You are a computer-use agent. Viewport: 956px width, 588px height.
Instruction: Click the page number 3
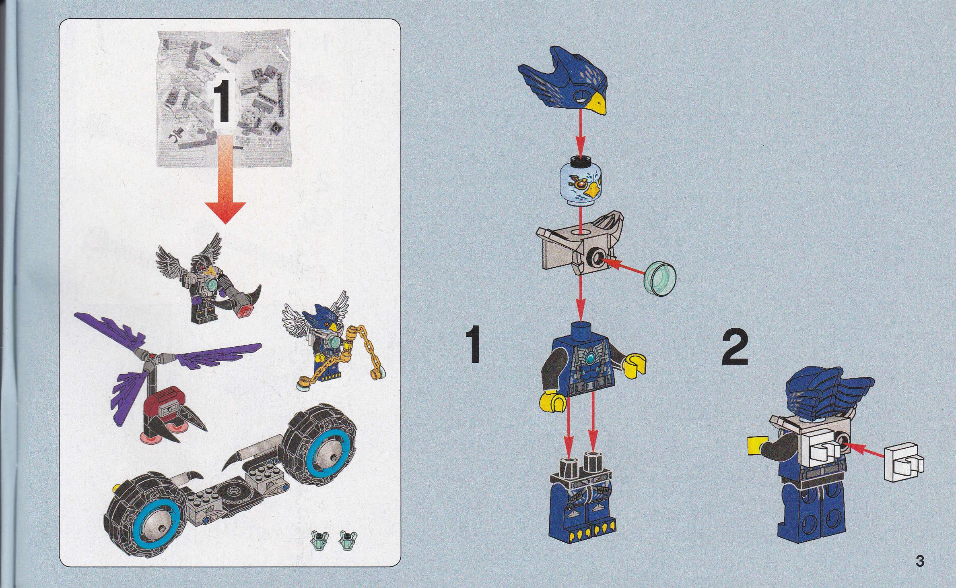click(x=920, y=561)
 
